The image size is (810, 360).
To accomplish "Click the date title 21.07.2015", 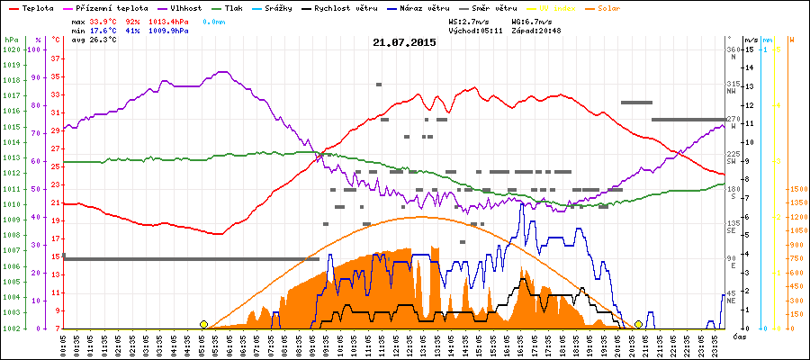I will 404,42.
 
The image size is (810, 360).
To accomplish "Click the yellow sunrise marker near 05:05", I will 204,324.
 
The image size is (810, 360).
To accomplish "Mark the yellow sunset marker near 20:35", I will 638,324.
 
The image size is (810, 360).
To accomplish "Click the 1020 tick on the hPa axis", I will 12,49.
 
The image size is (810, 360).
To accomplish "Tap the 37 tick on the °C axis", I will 56,58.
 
